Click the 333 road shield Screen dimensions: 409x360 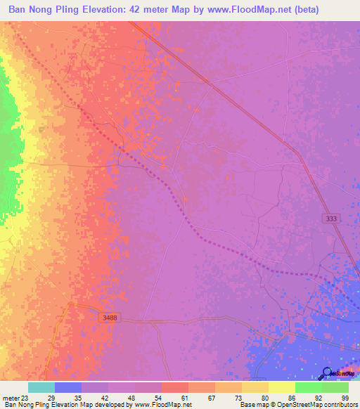tap(331, 219)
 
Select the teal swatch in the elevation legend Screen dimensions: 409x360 tap(41, 387)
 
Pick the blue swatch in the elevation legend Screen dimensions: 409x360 tap(67, 387)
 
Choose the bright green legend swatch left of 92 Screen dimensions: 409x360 tap(308, 387)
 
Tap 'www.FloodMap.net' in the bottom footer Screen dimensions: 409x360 tap(162, 405)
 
